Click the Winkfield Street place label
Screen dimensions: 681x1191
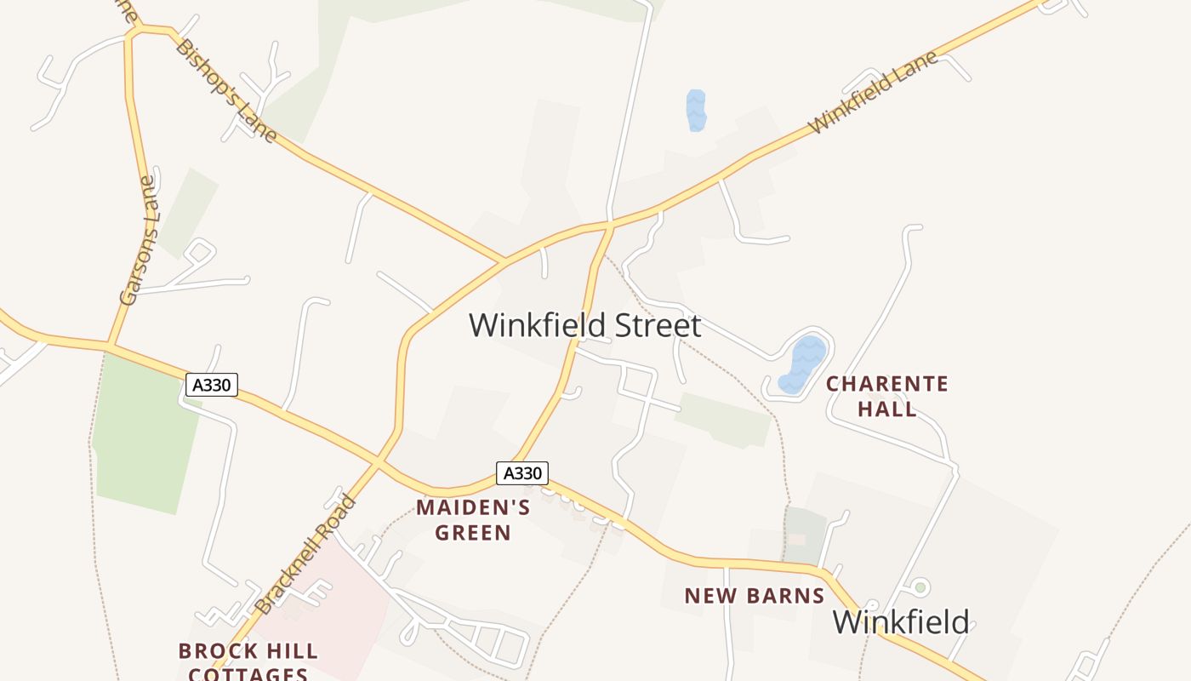coord(585,325)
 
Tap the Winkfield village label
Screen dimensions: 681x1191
coord(900,621)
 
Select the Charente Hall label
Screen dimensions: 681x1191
coord(887,396)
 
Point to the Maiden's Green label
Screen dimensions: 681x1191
coord(473,520)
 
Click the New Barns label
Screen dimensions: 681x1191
coord(755,596)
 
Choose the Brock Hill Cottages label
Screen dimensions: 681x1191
coord(248,662)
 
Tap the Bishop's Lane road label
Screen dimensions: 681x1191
coord(226,90)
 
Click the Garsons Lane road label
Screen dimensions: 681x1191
coord(140,240)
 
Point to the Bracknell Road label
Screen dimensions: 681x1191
coord(306,554)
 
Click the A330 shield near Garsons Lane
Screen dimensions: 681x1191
coord(211,385)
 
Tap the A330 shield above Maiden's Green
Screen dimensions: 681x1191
coord(522,473)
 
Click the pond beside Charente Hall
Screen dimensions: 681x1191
coord(802,364)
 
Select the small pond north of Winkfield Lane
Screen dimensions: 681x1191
coord(696,111)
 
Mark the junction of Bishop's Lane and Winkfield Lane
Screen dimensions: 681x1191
coord(505,260)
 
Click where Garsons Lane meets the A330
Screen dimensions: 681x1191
coord(109,345)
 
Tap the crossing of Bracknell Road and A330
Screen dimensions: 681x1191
coord(379,462)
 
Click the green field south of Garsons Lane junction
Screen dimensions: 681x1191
coord(145,434)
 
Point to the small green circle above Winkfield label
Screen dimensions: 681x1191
coord(919,587)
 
